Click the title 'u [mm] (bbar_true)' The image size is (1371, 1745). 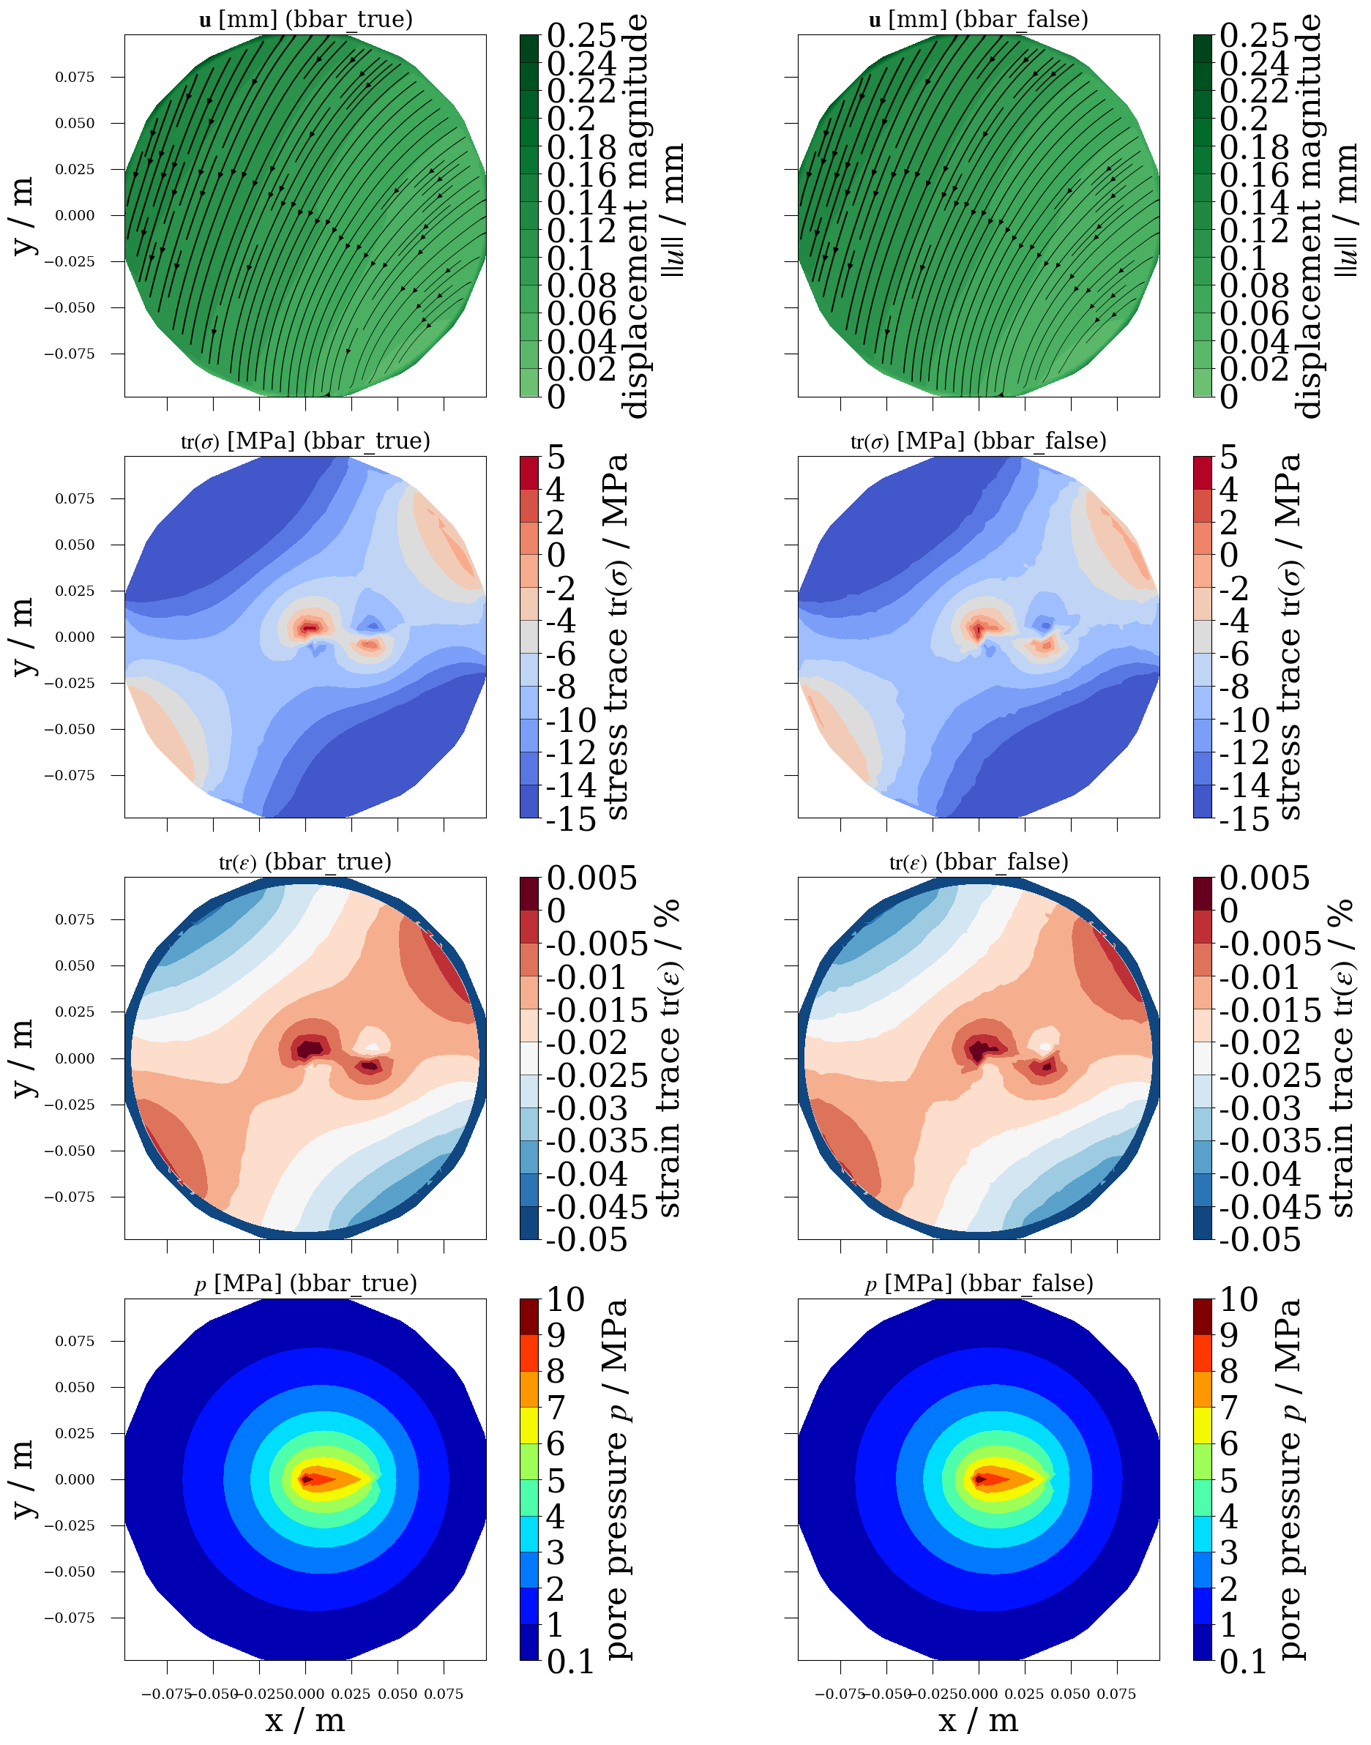[306, 19]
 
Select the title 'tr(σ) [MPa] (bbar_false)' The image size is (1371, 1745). [979, 441]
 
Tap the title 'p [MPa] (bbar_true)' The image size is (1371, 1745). [306, 1283]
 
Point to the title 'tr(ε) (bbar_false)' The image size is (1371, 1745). [979, 862]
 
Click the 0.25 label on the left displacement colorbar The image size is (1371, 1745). [581, 36]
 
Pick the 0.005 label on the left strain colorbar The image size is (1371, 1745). [591, 879]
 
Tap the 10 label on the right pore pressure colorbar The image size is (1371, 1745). [1239, 1300]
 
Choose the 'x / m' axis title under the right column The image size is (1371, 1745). [979, 1720]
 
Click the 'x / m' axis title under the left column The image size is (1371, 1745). [306, 1720]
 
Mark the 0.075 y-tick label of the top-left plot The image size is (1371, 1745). [75, 77]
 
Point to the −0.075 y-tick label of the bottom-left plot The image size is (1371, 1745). [69, 1618]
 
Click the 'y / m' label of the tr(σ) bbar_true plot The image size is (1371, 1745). [24, 638]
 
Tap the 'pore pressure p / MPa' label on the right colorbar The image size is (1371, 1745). [1289, 1479]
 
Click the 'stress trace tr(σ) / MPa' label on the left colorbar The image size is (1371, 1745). [616, 638]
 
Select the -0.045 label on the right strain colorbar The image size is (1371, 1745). [1270, 1206]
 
